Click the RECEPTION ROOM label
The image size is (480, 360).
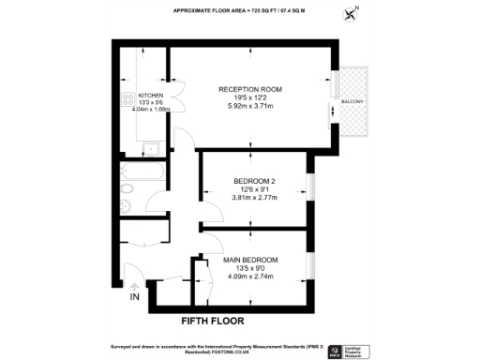coord(250,90)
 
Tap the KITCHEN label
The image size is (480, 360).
coord(151,96)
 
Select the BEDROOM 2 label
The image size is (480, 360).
coord(253,181)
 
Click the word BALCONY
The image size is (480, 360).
coord(352,101)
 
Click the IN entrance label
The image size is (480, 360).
coord(135,297)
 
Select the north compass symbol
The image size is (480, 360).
coord(352,13)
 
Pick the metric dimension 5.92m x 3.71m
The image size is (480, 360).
coord(250,106)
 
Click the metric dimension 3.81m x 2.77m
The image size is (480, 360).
coord(253,198)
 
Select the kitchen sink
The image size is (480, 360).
coord(151,148)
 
